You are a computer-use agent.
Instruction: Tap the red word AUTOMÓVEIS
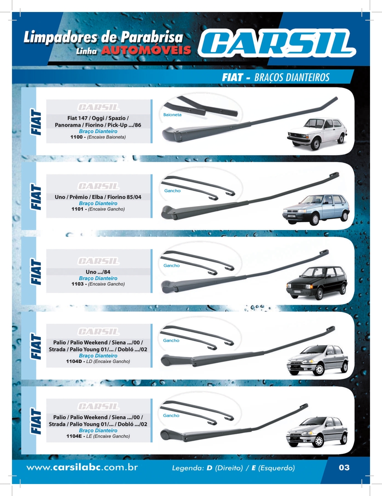pyautogui.click(x=146, y=50)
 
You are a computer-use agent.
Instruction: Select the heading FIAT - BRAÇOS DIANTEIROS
pyautogui.click(x=275, y=77)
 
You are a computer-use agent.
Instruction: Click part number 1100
pyautogui.click(x=76, y=137)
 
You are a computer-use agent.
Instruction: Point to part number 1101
pyautogui.click(x=77, y=209)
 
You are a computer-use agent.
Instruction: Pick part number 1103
pyautogui.click(x=77, y=284)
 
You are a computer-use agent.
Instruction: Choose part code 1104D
pyautogui.click(x=74, y=361)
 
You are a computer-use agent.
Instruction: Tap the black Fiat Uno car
pyautogui.click(x=317, y=283)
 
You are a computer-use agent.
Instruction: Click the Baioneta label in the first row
pyautogui.click(x=172, y=115)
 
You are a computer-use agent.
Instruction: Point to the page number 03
pyautogui.click(x=344, y=467)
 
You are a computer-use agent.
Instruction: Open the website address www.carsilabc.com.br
pyautogui.click(x=82, y=467)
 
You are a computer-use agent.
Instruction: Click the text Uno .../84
pyautogui.click(x=98, y=272)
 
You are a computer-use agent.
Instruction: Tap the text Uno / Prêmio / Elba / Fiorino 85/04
pyautogui.click(x=98, y=197)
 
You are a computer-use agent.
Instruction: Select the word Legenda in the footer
pyautogui.click(x=188, y=468)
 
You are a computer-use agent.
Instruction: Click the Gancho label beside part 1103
pyautogui.click(x=172, y=266)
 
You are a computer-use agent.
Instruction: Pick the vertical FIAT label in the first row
pyautogui.click(x=36, y=122)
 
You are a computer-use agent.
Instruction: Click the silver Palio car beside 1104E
pyautogui.click(x=317, y=431)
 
